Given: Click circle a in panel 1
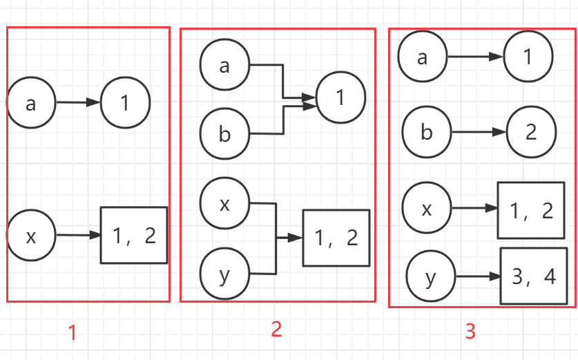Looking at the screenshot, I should pyautogui.click(x=31, y=104).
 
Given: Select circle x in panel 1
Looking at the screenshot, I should pyautogui.click(x=31, y=236).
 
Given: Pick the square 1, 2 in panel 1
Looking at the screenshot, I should pyautogui.click(x=134, y=236).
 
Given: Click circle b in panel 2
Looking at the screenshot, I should pyautogui.click(x=224, y=133).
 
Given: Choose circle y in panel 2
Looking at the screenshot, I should pyautogui.click(x=224, y=274).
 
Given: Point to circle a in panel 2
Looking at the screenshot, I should pyautogui.click(x=224, y=66).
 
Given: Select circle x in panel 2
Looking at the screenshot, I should pyautogui.click(x=224, y=203).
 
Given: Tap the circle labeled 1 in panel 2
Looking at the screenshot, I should pyautogui.click(x=339, y=99).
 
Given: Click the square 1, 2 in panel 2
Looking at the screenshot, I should pyautogui.click(x=336, y=238).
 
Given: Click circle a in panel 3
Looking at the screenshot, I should pyautogui.click(x=423, y=57).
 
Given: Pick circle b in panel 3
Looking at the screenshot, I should pyautogui.click(x=427, y=131).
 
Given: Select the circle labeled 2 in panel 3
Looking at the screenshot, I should pyautogui.click(x=530, y=131).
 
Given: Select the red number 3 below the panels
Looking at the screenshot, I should pyautogui.click(x=470, y=332).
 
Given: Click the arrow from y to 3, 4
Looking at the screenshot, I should pyautogui.click(x=478, y=276).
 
